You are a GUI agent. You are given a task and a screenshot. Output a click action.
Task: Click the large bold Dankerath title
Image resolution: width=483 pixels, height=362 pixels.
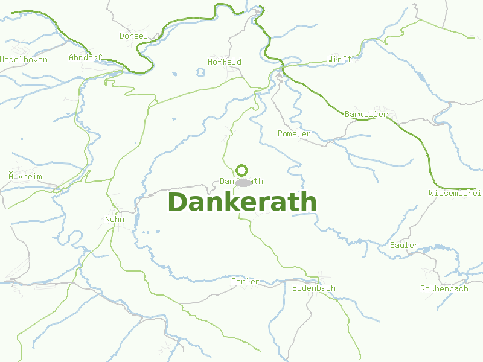click(241, 203)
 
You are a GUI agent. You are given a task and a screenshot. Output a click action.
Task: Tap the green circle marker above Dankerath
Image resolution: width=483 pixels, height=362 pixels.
click(242, 170)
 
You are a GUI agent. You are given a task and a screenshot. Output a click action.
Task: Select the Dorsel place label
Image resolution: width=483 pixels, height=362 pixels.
click(133, 36)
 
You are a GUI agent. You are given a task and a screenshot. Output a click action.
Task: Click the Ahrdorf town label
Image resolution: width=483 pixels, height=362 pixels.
click(86, 58)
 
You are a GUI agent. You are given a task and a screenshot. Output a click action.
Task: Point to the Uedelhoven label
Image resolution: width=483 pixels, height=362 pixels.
click(24, 60)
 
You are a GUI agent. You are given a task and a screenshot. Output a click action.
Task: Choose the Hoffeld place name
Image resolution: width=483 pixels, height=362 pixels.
click(225, 62)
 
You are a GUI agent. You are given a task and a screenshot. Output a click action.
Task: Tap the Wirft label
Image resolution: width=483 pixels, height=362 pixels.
click(339, 60)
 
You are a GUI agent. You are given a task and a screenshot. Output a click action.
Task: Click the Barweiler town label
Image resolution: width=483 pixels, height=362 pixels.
click(366, 115)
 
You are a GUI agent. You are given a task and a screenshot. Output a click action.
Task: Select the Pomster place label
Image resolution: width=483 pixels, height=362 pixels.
click(294, 133)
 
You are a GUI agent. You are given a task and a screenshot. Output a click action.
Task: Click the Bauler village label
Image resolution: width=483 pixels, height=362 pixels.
click(404, 245)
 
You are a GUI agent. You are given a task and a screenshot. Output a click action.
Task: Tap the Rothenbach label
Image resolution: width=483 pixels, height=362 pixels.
click(444, 289)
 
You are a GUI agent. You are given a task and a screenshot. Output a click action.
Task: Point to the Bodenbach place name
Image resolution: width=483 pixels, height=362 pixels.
click(313, 288)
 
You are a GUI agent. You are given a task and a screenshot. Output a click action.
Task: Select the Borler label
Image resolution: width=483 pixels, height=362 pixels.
click(245, 282)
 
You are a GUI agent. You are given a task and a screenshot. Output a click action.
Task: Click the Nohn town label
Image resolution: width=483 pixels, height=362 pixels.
click(115, 220)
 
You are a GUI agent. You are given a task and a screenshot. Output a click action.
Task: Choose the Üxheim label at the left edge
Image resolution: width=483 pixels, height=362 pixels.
click(25, 177)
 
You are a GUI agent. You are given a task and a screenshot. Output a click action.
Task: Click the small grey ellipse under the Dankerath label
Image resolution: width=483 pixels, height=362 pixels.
click(243, 182)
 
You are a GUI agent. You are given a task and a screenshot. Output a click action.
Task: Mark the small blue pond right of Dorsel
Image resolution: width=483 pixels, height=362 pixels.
click(200, 72)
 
